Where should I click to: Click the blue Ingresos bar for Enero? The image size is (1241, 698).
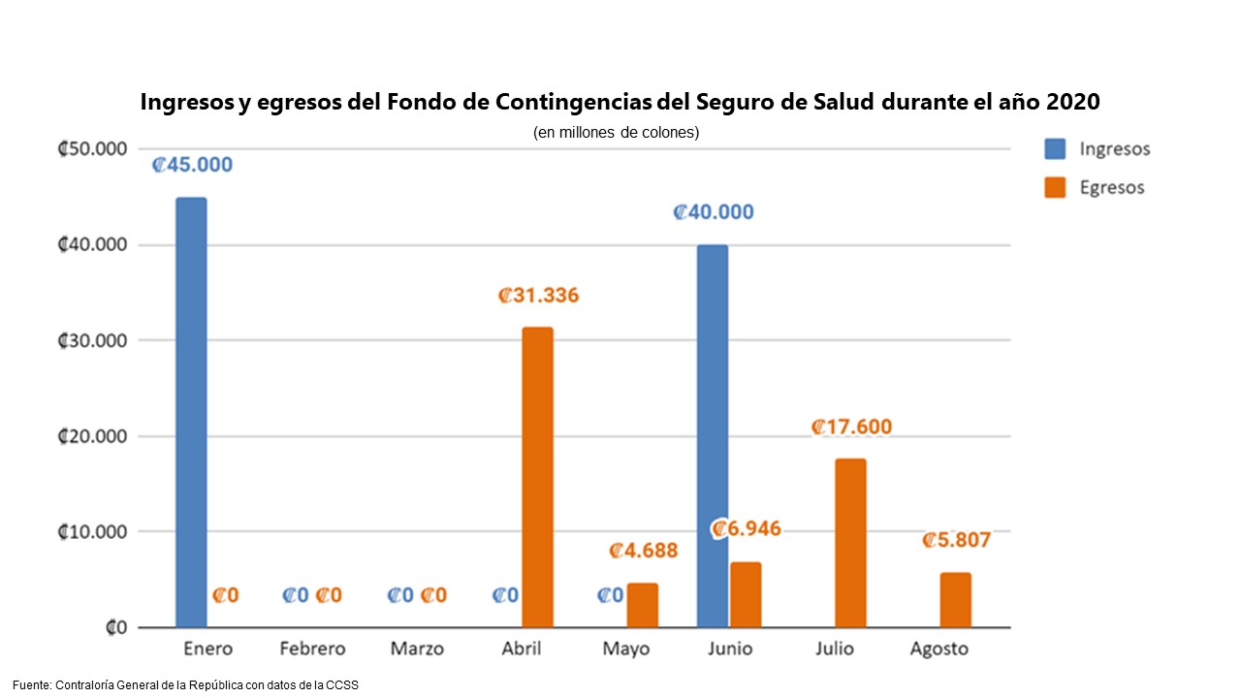point(191,412)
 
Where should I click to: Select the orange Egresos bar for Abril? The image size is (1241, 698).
point(537,477)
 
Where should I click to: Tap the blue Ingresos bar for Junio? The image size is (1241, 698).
point(713,436)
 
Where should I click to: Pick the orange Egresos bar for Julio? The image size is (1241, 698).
point(850,543)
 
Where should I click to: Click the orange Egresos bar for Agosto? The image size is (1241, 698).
point(955,600)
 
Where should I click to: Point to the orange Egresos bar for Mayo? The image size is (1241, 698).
point(642,605)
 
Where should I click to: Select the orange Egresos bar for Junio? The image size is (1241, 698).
point(746,594)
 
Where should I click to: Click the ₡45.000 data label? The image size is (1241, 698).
point(192,165)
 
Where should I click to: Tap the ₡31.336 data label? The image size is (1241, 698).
point(538,296)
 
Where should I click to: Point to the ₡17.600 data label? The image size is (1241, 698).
point(851,427)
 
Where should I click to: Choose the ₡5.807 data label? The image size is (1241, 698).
point(956,540)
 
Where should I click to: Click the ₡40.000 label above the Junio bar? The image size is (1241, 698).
point(714,212)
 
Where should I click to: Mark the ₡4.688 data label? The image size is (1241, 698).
point(643,551)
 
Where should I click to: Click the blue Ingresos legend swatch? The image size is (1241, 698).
point(1055,149)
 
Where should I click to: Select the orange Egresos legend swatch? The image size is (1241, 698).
point(1055,187)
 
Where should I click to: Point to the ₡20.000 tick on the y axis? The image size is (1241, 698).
point(93,436)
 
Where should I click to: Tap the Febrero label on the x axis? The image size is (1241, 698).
point(312,649)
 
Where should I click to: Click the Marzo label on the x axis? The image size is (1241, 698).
point(417,649)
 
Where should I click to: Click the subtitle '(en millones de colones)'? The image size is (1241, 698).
point(616,133)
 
